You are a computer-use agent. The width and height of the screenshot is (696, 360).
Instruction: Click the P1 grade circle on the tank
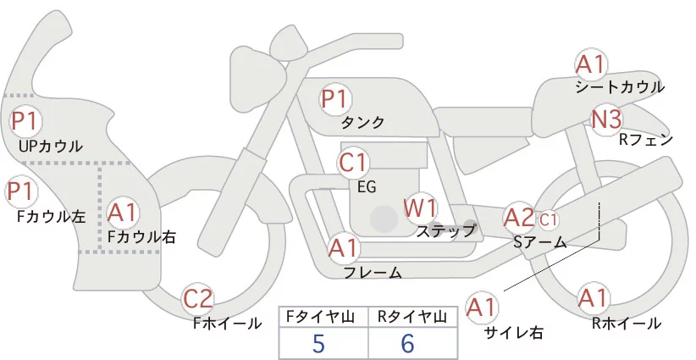pyautogui.click(x=334, y=99)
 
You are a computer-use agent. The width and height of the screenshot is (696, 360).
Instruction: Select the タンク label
pyautogui.click(x=362, y=123)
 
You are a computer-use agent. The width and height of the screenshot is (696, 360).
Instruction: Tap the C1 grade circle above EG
pyautogui.click(x=353, y=162)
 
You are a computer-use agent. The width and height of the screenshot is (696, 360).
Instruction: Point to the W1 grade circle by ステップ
pyautogui.click(x=420, y=208)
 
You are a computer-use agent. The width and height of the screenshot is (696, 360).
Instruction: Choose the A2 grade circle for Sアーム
pyautogui.click(x=519, y=218)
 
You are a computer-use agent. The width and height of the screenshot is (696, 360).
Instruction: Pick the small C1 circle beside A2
pyautogui.click(x=548, y=219)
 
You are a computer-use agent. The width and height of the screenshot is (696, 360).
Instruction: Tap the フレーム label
pyautogui.click(x=373, y=273)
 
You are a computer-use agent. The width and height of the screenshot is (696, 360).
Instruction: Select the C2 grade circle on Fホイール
pyautogui.click(x=199, y=298)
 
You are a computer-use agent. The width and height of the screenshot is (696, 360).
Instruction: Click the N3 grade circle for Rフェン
pyautogui.click(x=606, y=119)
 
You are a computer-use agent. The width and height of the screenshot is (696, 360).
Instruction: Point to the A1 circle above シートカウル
pyautogui.click(x=589, y=64)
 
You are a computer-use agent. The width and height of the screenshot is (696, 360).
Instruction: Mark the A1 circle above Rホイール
pyautogui.click(x=592, y=298)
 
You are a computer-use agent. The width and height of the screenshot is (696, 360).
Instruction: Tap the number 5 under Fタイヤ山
pyautogui.click(x=318, y=343)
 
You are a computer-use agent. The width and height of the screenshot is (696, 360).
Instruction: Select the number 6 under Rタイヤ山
pyautogui.click(x=408, y=343)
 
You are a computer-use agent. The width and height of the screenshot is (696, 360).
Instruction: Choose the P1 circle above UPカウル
pyautogui.click(x=23, y=121)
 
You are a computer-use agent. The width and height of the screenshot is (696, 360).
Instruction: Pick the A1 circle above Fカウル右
pyautogui.click(x=123, y=212)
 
